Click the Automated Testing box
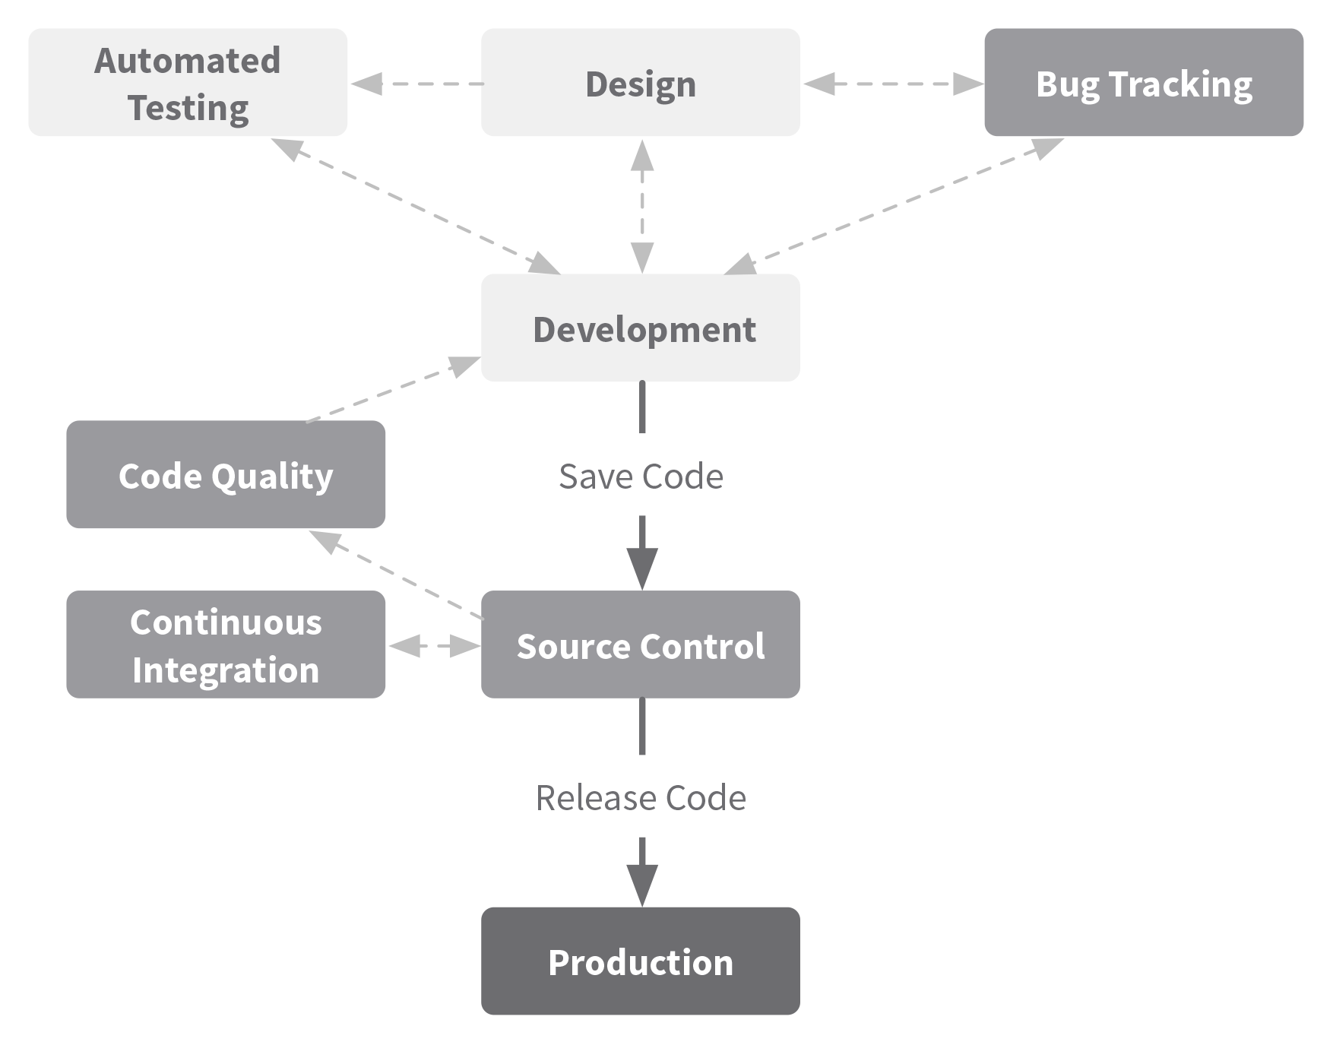click(188, 83)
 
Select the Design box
click(641, 83)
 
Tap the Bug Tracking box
click(1144, 83)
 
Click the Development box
click(641, 328)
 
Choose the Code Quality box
click(226, 474)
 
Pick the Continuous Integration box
click(226, 644)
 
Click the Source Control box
click(641, 644)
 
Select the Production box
click(641, 961)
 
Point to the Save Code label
click(641, 477)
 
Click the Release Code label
click(641, 798)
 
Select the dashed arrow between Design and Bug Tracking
click(893, 84)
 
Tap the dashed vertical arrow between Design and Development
click(642, 206)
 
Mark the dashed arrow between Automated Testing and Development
click(416, 206)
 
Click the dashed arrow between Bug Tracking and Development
click(893, 206)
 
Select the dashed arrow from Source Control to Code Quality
click(396, 575)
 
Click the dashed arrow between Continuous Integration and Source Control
click(434, 646)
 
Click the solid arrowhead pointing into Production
click(642, 885)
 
